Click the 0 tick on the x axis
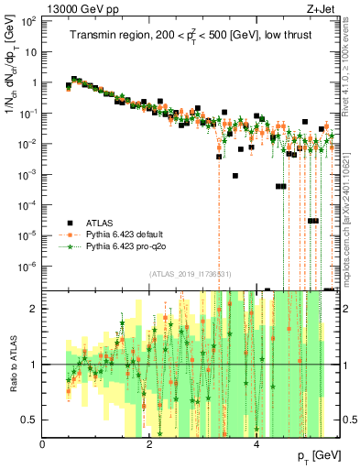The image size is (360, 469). [43, 442]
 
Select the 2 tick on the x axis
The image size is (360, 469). [150, 442]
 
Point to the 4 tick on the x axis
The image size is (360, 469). [257, 442]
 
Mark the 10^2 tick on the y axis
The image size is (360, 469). [30, 20]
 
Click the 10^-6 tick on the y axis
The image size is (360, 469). [28, 266]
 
